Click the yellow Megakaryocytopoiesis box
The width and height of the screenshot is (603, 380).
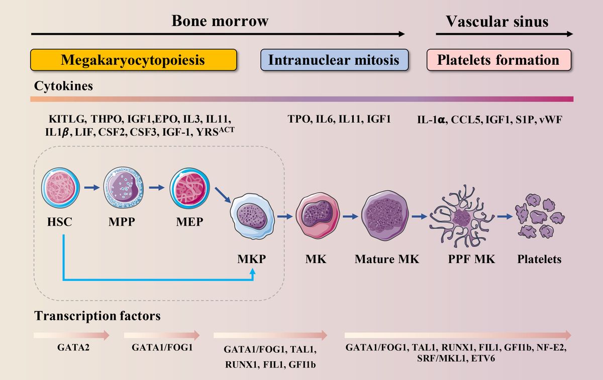point(133,60)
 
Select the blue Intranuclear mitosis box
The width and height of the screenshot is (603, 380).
point(334,60)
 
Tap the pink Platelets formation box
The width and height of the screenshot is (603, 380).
point(498,60)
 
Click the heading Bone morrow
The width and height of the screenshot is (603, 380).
point(220,21)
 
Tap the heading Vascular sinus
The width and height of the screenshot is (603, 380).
point(497,22)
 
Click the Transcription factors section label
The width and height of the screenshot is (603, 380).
point(97,316)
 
